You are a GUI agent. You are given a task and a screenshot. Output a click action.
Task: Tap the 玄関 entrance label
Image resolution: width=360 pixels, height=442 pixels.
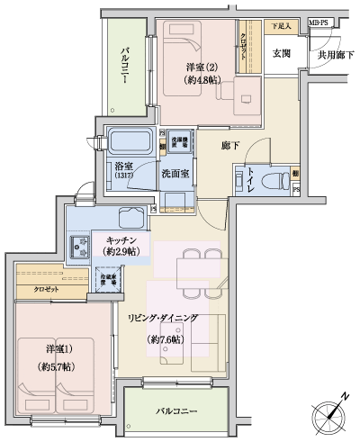coord(281,53)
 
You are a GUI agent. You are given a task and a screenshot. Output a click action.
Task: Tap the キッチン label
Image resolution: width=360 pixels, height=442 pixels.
coord(122,241)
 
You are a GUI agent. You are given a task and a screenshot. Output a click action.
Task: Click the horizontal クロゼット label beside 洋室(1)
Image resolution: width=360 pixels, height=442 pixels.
coord(47,290)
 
